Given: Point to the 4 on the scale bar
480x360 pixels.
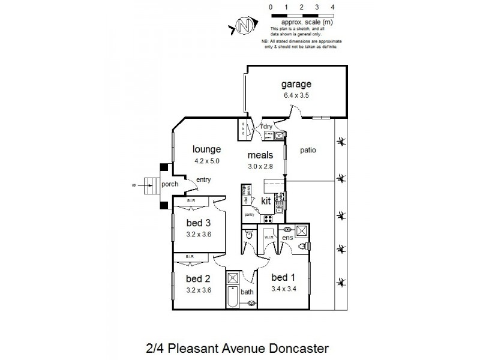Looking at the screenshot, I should pos(332,7).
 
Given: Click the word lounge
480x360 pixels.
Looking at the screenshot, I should pos(206,149).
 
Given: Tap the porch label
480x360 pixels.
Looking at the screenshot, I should pos(169,184).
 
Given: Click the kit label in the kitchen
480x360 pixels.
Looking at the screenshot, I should pos(266,201).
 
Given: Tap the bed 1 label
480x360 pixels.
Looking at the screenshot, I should pos(283,277).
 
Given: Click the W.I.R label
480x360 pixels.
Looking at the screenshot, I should pos(269,237).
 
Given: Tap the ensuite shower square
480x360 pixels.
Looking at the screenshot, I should pos(302,230).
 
